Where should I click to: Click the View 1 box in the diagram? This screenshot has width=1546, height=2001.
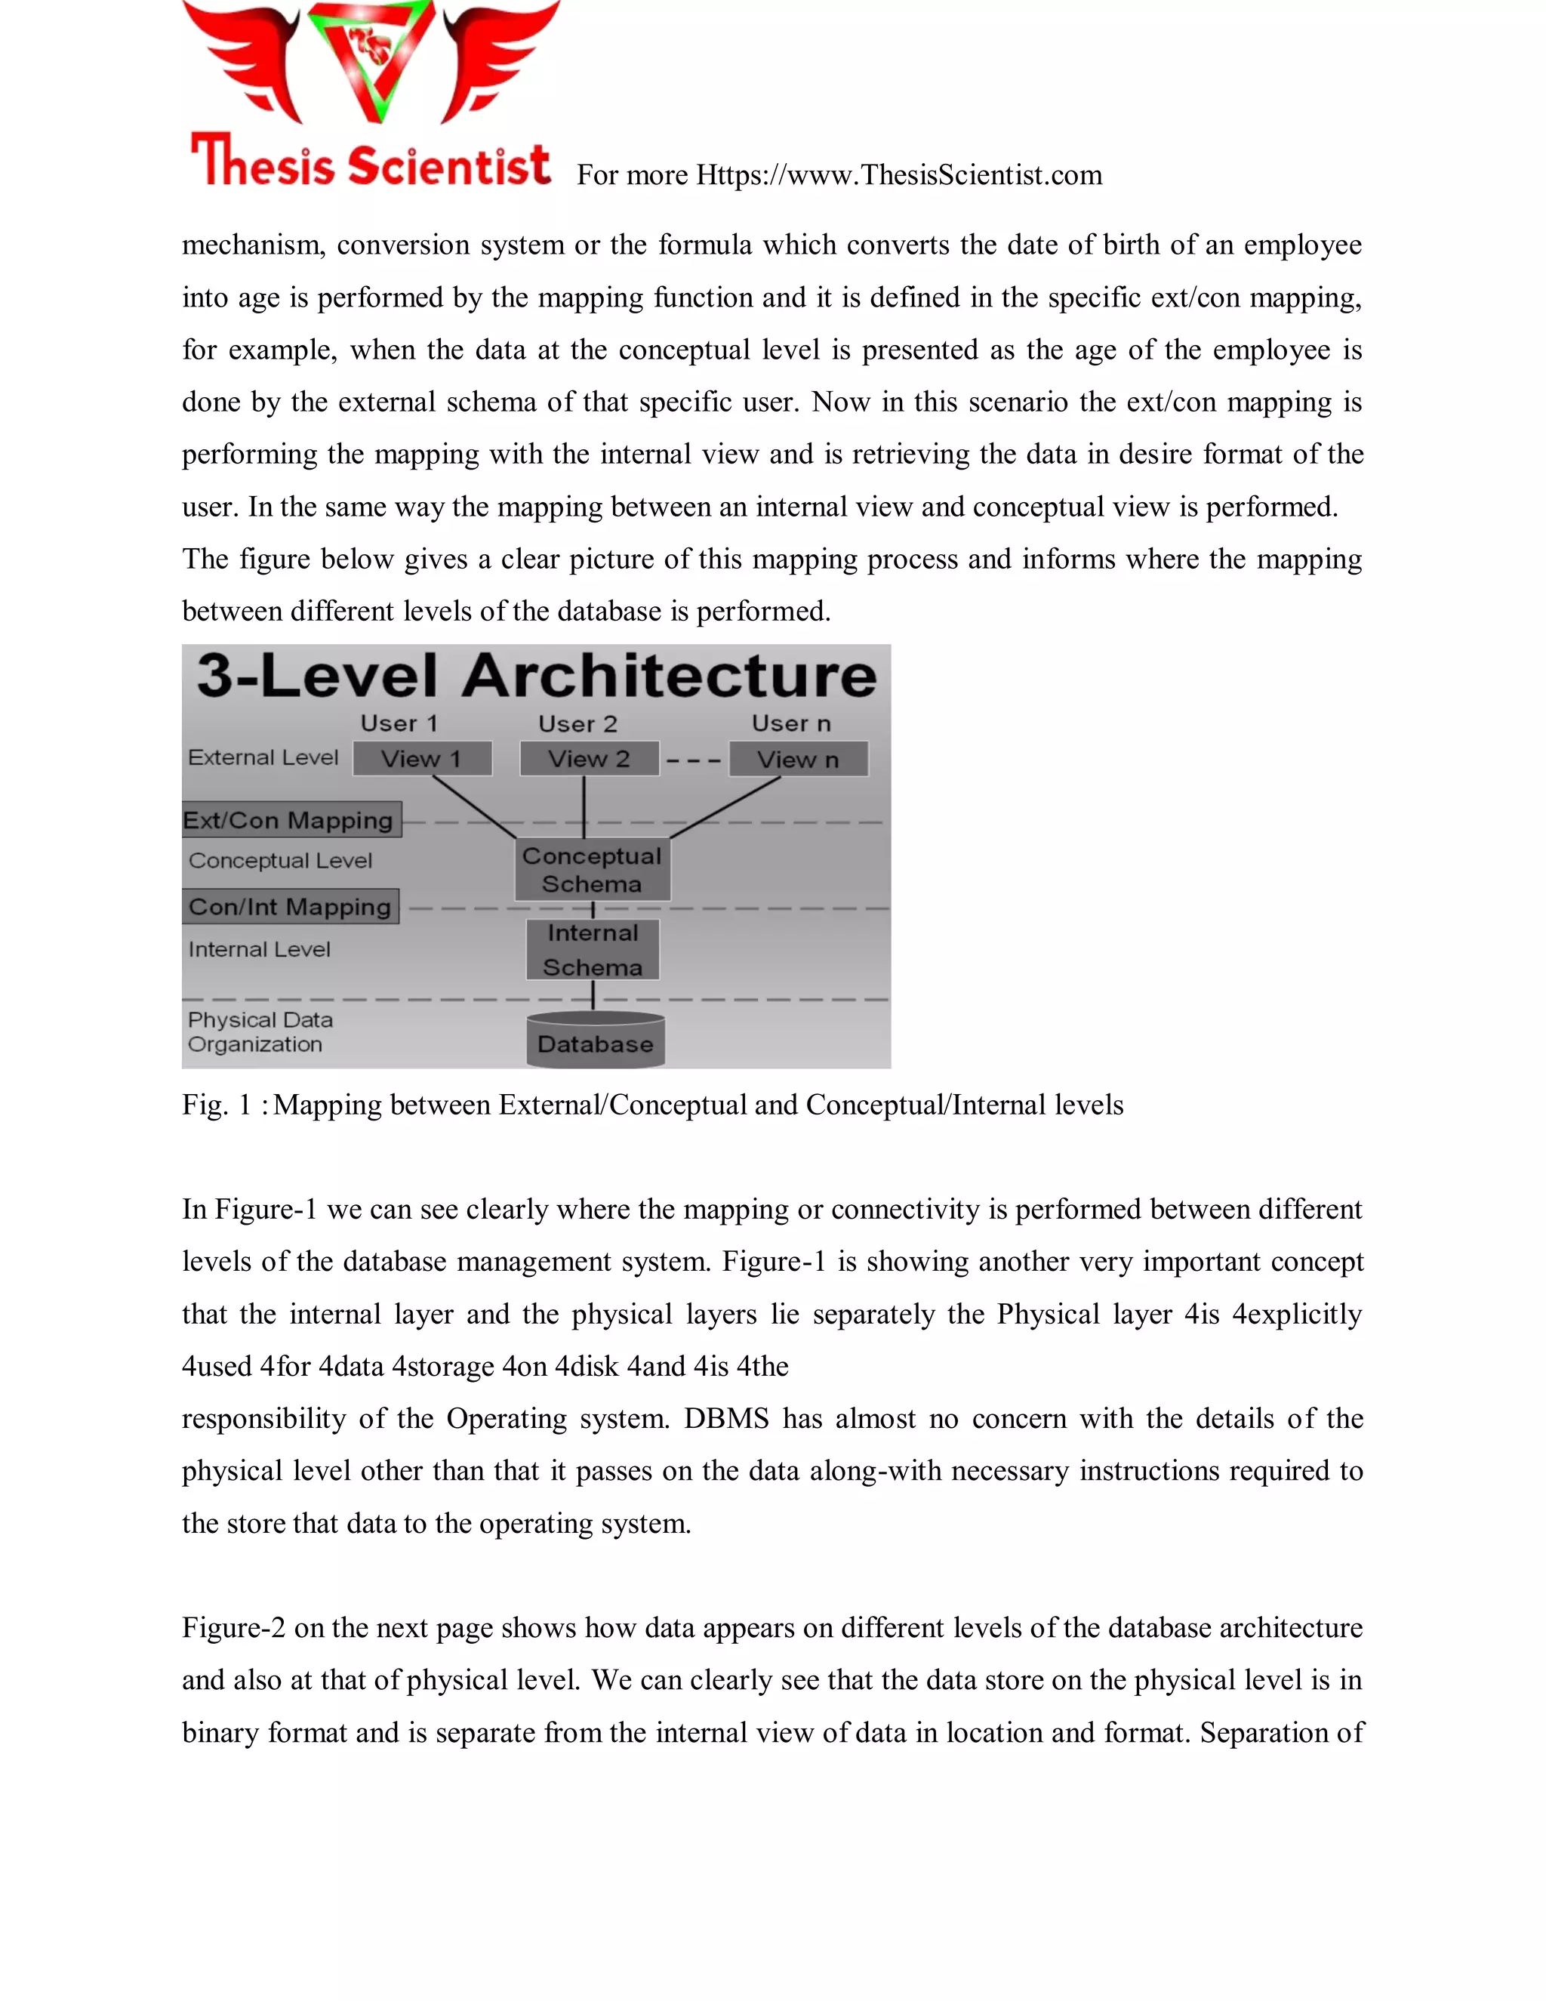point(422,759)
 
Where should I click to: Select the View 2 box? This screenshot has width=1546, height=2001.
point(589,759)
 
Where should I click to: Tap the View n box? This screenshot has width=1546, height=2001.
point(798,760)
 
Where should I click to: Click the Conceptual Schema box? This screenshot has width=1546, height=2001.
point(592,869)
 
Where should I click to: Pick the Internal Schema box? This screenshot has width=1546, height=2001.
point(593,950)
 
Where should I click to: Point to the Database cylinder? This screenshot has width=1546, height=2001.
point(596,1043)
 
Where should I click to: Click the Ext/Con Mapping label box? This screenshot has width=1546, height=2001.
point(291,820)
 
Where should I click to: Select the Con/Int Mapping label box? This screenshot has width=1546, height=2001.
point(291,907)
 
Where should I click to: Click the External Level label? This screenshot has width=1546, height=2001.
point(263,757)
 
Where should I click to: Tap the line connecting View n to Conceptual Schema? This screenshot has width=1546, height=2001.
point(726,807)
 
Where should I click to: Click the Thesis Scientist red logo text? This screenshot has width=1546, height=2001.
point(371,163)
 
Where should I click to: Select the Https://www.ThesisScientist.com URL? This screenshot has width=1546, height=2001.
point(898,175)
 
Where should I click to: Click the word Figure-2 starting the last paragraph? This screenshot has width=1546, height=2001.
point(233,1628)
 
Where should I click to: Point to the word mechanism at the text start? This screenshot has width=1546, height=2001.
point(252,245)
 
